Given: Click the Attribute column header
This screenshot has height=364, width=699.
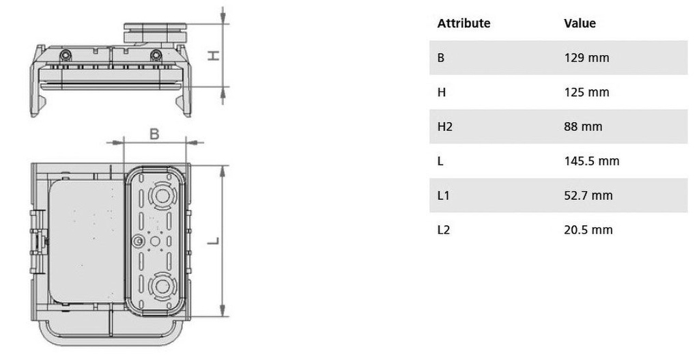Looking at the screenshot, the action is tap(463, 23).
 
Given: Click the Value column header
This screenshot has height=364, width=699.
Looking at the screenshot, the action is tap(580, 23).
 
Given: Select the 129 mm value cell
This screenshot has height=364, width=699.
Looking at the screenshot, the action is tap(586, 57).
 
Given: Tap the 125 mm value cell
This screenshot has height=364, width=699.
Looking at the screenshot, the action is tap(586, 92).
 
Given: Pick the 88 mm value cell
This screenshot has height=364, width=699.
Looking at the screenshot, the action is tap(583, 126).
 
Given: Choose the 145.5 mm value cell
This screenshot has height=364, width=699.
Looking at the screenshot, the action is tap(592, 160).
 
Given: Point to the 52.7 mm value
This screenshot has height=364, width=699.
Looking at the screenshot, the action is tap(588, 195).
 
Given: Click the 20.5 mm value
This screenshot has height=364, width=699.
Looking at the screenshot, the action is tap(588, 229).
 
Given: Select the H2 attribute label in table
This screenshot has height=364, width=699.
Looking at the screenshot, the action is tap(445, 127).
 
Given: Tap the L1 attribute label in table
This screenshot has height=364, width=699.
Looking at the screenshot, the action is tap(444, 195).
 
